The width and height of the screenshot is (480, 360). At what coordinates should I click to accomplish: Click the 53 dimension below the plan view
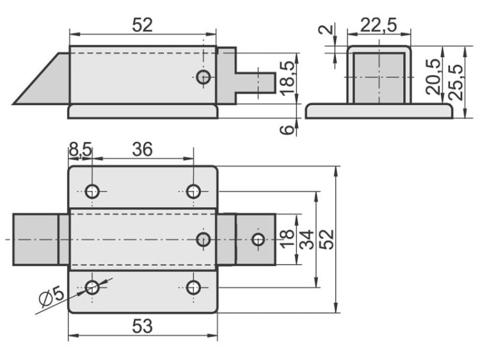coord(142,326)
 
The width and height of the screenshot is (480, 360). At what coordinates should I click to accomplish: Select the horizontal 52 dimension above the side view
coord(142,25)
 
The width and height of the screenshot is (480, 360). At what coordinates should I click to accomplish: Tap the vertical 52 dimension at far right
coord(326,239)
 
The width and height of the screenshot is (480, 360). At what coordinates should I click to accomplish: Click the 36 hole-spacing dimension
coord(142,149)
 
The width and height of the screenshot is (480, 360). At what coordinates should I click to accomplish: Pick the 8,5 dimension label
coord(80,149)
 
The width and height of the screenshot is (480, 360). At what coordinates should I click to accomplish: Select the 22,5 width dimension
coord(378,25)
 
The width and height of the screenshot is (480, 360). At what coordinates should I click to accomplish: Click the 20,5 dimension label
coord(435,76)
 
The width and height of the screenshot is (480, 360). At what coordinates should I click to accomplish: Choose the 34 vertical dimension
coord(306,239)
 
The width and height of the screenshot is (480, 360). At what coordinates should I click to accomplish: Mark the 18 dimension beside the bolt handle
coord(286,239)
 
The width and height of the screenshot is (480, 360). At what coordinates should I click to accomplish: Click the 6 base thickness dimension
coord(289,129)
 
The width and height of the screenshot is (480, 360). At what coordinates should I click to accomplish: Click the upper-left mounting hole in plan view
coord(92,191)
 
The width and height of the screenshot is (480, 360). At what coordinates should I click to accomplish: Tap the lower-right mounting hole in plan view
coord(194,287)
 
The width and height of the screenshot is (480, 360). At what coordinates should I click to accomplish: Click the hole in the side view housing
coord(204,77)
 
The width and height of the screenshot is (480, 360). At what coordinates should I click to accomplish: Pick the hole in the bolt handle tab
coord(258,240)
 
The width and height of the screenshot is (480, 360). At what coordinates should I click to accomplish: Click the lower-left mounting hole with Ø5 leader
coord(92,287)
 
